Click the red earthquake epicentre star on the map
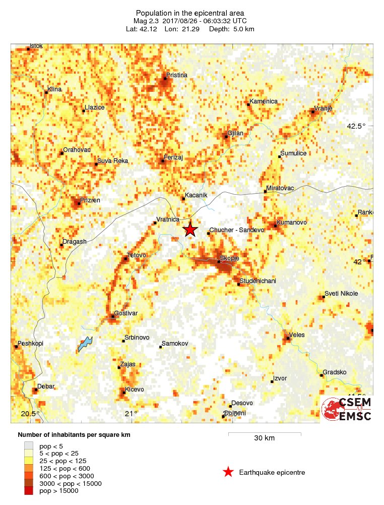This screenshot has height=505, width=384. point(190,230)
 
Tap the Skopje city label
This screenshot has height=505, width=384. point(229,259)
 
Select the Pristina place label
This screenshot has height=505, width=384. point(177,75)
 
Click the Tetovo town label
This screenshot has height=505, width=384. point(137,255)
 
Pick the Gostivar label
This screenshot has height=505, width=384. point(126,313)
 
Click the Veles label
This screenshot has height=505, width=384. point(297,334)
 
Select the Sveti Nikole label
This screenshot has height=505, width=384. point(341,294)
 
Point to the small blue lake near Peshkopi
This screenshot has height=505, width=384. point(85,345)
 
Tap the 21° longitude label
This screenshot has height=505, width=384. point(131,414)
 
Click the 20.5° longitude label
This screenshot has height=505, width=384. point(30,414)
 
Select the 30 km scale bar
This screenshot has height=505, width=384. point(265,433)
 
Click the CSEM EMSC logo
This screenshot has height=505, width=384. point(347,409)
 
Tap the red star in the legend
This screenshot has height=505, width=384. point(228,472)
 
